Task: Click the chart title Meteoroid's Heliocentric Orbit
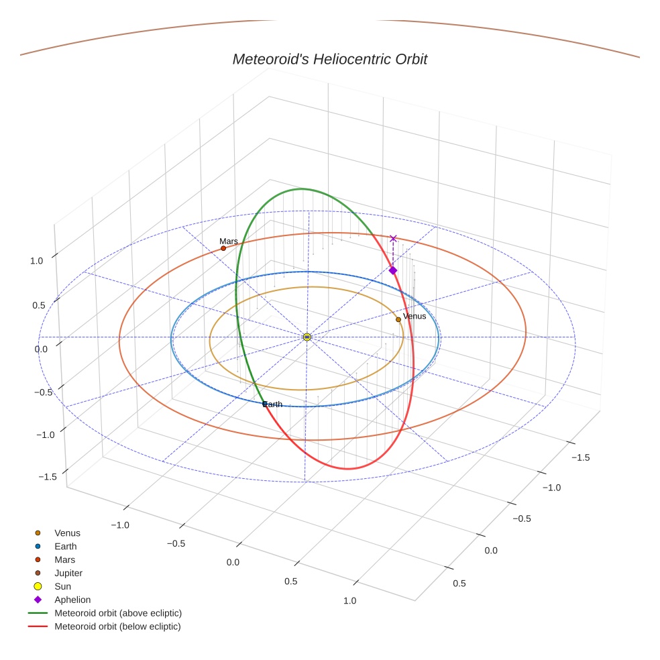pyautogui.click(x=329, y=60)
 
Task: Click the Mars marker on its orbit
pyautogui.click(x=223, y=248)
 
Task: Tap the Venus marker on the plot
pyautogui.click(x=398, y=319)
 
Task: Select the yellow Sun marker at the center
pyautogui.click(x=307, y=337)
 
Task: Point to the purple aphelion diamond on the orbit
pyautogui.click(x=393, y=270)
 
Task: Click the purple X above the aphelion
pyautogui.click(x=394, y=238)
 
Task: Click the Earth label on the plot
pyautogui.click(x=272, y=404)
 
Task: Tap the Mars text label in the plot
pyautogui.click(x=229, y=241)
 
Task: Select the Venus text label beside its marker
pyautogui.click(x=415, y=317)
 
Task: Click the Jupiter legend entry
pyautogui.click(x=68, y=573)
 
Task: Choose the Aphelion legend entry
pyautogui.click(x=72, y=600)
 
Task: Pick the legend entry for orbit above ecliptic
pyautogui.click(x=118, y=613)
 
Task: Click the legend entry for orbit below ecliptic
pyautogui.click(x=117, y=626)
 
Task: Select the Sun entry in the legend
pyautogui.click(x=62, y=587)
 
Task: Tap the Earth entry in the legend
pyautogui.click(x=66, y=547)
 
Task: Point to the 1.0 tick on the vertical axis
pyautogui.click(x=37, y=261)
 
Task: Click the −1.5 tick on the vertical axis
pyautogui.click(x=46, y=477)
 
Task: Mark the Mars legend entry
pyautogui.click(x=65, y=560)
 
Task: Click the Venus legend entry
pyautogui.click(x=67, y=533)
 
